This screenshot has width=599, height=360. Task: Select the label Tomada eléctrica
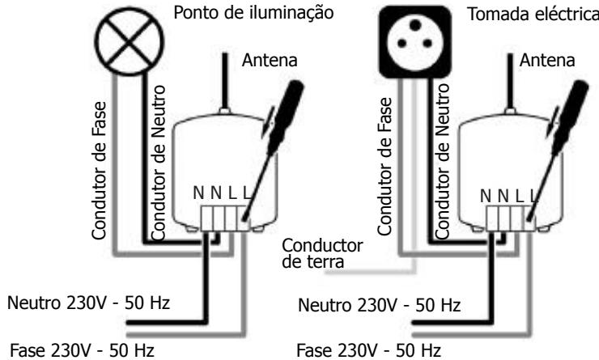tap(535, 16)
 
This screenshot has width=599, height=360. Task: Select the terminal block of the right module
tap(508, 218)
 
